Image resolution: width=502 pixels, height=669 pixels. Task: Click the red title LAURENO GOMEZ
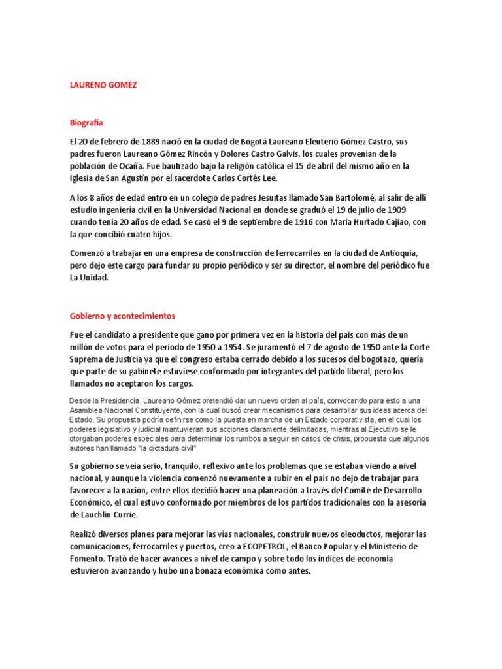tap(103, 86)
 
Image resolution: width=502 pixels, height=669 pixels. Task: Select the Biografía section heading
tap(86, 122)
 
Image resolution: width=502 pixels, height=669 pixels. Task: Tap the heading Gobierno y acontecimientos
tap(123, 316)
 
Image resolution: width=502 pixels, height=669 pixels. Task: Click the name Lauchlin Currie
tap(103, 515)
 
